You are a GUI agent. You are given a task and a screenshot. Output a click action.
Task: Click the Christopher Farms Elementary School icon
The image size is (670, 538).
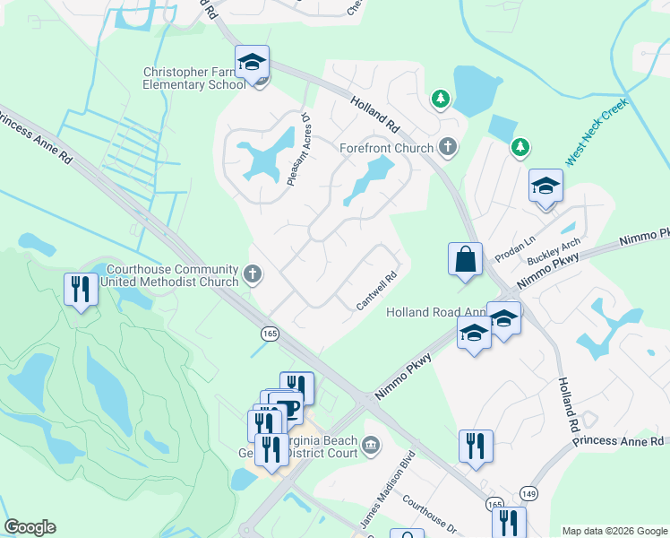pyautogui.click(x=253, y=63)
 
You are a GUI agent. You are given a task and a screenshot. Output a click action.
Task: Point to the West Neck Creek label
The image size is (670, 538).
pyautogui.click(x=597, y=132)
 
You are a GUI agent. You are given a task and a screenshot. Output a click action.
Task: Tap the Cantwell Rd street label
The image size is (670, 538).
pyautogui.click(x=377, y=292)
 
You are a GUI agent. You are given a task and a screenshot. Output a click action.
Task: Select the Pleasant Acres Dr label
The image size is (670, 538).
pyautogui.click(x=297, y=150)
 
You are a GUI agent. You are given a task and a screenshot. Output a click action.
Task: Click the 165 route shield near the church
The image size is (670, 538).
pyautogui.click(x=269, y=334)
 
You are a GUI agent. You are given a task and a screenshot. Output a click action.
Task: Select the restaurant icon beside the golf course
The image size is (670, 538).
pyautogui.click(x=81, y=290)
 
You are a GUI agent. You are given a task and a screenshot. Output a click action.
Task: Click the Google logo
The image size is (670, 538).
pyautogui.click(x=30, y=527)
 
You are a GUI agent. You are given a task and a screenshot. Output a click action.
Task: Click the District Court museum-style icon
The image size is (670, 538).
pyautogui.click(x=372, y=444)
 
